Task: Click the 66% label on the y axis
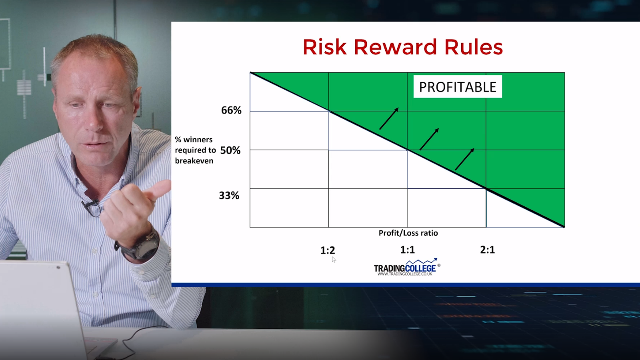(231, 110)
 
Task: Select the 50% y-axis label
(230, 150)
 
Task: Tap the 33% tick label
(229, 196)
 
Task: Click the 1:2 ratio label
(328, 250)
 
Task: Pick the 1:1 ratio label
(408, 250)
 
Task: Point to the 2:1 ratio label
(488, 250)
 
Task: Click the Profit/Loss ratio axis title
(408, 233)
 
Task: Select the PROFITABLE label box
(458, 86)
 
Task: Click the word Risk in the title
(324, 47)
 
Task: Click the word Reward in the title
(396, 47)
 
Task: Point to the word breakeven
(194, 161)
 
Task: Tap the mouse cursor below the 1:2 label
(334, 260)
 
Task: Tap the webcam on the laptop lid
(58, 268)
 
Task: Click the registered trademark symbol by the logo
(439, 266)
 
